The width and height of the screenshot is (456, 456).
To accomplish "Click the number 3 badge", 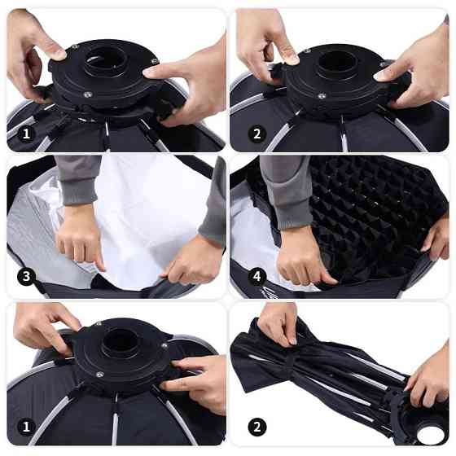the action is click(26, 276).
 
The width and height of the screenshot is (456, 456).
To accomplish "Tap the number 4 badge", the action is click(257, 276).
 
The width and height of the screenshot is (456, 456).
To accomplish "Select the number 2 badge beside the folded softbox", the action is click(257, 427).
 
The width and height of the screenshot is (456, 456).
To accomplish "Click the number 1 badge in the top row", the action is click(26, 134).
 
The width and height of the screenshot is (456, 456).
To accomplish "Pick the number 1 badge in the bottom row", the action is click(26, 427).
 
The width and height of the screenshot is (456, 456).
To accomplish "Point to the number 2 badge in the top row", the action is click(257, 134).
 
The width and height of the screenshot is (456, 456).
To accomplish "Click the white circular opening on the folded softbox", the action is click(431, 435).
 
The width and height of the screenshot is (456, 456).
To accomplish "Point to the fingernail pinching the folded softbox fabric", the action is click(292, 341).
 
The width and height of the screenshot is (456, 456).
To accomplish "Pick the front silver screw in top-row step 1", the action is click(87, 94).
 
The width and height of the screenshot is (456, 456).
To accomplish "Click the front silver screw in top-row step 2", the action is click(322, 96).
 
